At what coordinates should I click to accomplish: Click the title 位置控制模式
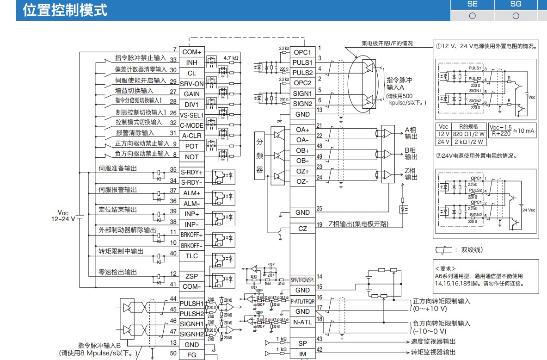[x=65, y=10]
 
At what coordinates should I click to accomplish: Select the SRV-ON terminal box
[x=191, y=84]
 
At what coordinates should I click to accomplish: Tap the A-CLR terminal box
[x=191, y=136]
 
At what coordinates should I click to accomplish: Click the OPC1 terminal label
[x=302, y=52]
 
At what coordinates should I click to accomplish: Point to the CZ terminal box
[x=302, y=229]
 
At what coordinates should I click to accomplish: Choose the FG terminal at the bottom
[x=191, y=355]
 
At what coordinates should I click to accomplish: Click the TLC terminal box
[x=191, y=256]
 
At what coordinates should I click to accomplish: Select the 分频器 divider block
[x=259, y=156]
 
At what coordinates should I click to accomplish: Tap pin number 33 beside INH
[x=173, y=60]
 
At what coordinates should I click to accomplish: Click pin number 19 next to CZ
[x=319, y=225]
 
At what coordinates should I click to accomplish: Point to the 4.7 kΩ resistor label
[x=231, y=58]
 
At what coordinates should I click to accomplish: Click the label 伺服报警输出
[x=118, y=190]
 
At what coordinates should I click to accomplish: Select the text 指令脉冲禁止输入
[x=141, y=58]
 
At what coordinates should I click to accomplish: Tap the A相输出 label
[x=411, y=133]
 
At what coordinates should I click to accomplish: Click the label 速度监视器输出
[x=433, y=341]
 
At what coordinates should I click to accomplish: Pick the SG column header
[x=516, y=4]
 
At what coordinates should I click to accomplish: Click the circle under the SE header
[x=472, y=15]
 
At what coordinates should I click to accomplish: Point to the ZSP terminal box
[x=191, y=276]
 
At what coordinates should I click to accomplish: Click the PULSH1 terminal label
[x=191, y=304]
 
